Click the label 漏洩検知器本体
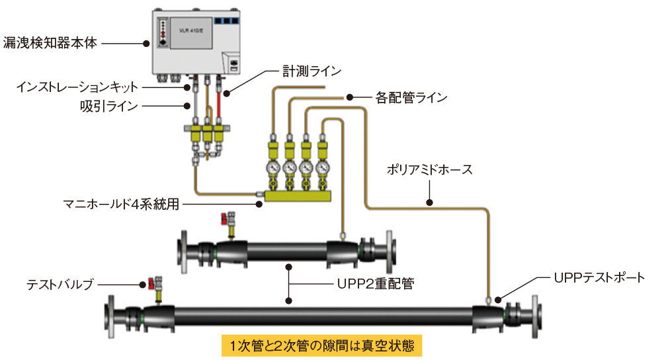coord(50,44)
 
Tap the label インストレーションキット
coord(77,87)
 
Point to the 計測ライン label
coord(312,71)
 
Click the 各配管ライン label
coord(411,97)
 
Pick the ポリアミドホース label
coord(430,170)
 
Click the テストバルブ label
coord(60,285)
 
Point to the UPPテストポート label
coord(599,277)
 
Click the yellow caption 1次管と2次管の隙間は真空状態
coord(321,345)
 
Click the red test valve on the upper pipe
coord(230,219)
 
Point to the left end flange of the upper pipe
coord(183,251)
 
